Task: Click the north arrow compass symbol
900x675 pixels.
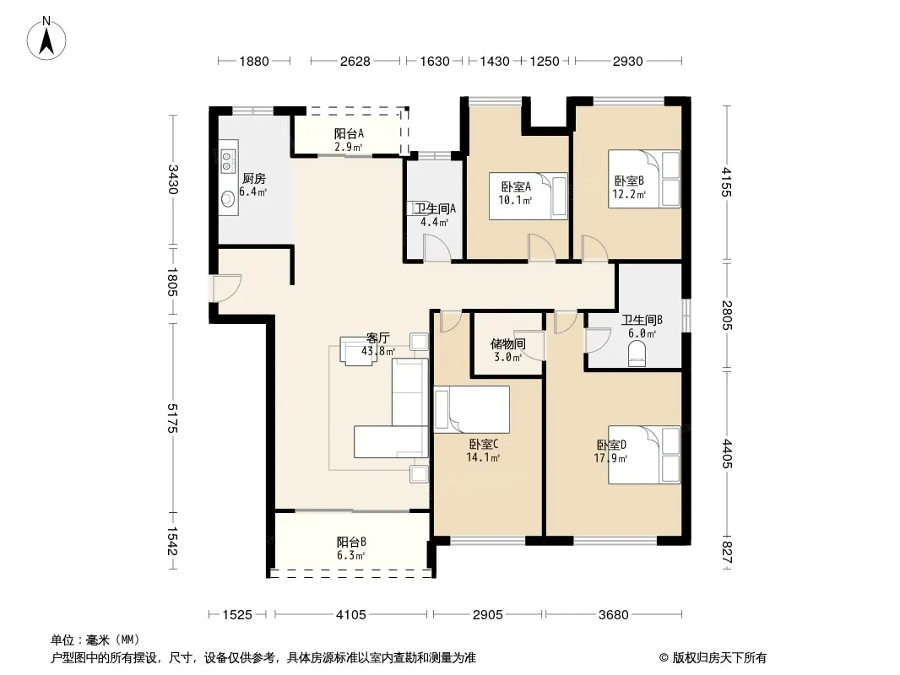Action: click(46, 39)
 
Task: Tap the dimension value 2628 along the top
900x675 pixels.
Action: click(355, 61)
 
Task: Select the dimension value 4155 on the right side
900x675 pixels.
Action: click(727, 181)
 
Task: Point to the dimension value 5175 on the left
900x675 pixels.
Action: click(173, 418)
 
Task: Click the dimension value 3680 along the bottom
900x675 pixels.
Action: click(614, 615)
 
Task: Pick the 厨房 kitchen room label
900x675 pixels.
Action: click(253, 179)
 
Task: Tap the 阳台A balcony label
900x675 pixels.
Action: click(349, 133)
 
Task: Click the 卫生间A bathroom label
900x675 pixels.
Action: click(435, 208)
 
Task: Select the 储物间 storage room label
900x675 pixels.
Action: click(508, 343)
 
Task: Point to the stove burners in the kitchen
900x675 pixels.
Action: click(227, 161)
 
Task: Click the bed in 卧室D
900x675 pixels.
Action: click(644, 454)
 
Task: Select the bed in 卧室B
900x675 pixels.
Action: click(644, 178)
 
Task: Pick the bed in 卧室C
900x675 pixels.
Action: click(472, 409)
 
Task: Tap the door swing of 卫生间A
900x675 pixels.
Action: click(436, 248)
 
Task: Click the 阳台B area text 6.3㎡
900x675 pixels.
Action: click(350, 556)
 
